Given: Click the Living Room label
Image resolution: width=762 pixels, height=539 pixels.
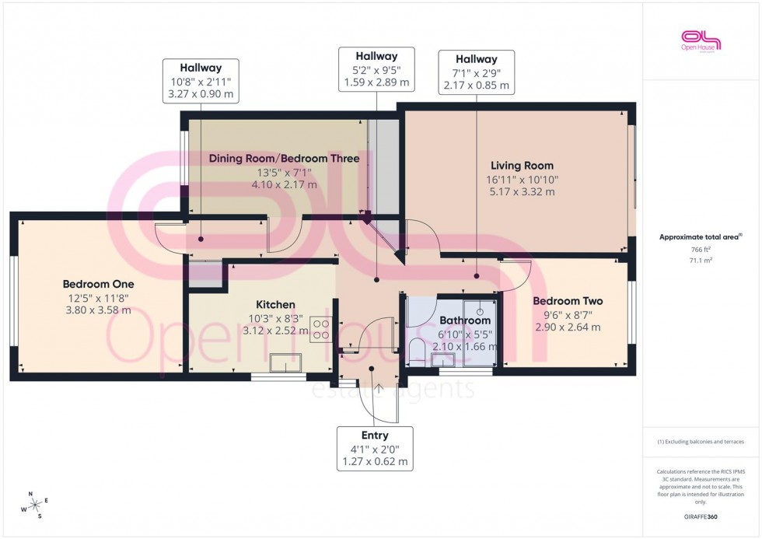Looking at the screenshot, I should tap(522, 165).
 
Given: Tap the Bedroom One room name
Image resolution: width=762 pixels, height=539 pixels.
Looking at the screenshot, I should tap(98, 284).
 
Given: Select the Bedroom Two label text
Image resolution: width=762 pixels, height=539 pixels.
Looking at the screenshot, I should tap(568, 301).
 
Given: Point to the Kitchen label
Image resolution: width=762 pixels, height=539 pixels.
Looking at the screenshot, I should tap(275, 304).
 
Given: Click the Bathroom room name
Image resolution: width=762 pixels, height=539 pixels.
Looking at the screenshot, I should tap(465, 320).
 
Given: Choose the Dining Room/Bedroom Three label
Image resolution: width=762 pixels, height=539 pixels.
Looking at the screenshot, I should tap(284, 159).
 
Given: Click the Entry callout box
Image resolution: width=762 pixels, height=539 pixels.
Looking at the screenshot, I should tap(375, 449).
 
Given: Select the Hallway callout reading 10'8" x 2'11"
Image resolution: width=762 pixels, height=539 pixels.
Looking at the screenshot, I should tap(201, 81).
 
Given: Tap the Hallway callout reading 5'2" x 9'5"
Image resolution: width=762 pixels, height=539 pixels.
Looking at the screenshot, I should tap(376, 69).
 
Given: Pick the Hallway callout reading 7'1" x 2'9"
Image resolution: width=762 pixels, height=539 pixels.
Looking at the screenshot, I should tap(476, 72).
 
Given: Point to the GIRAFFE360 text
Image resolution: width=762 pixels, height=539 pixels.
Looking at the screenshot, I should tap(701, 516).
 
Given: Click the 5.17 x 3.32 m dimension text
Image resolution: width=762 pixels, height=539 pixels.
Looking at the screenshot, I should tap(522, 191).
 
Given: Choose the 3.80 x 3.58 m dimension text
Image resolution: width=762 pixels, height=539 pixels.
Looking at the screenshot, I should tap(98, 310).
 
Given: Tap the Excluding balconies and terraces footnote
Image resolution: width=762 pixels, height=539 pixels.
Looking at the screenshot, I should tap(701, 442).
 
